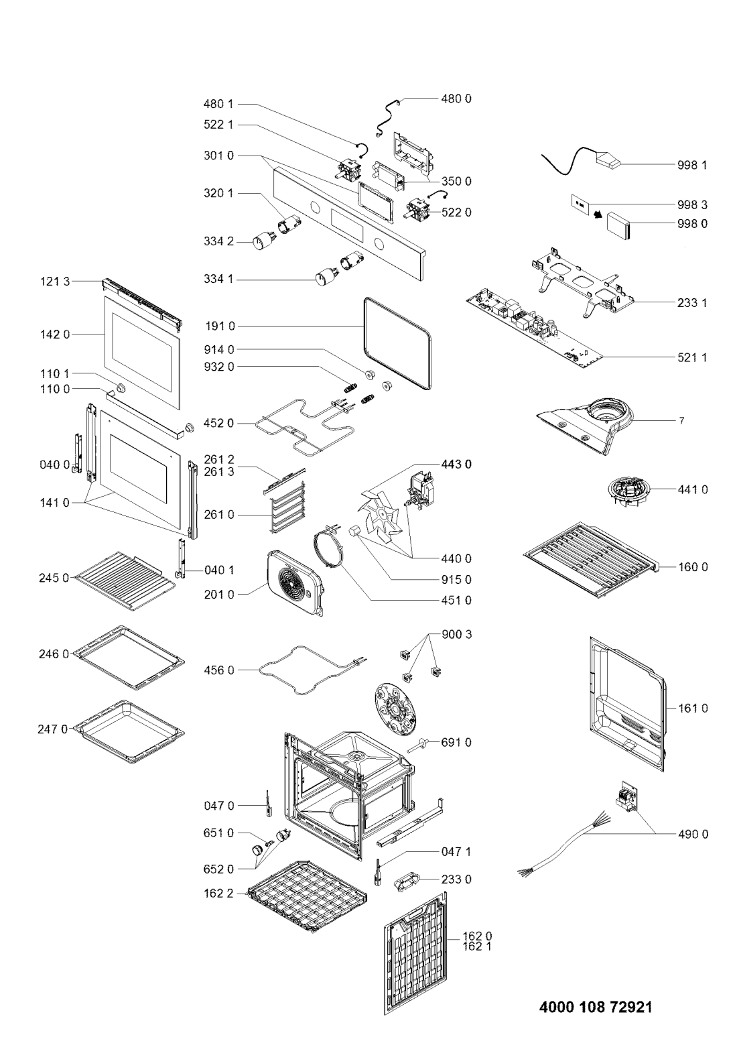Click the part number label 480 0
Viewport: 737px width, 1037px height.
click(x=456, y=99)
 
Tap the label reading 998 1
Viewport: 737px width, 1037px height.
click(x=692, y=166)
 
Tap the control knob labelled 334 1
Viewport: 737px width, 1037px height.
click(x=323, y=278)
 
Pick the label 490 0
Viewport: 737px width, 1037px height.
click(x=693, y=835)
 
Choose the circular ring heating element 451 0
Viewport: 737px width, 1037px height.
click(x=329, y=548)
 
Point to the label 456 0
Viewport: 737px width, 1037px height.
click(x=219, y=670)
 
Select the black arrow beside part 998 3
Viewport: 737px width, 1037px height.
click(x=598, y=214)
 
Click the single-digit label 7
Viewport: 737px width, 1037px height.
click(x=681, y=421)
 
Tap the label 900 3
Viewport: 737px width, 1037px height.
click(x=457, y=634)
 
